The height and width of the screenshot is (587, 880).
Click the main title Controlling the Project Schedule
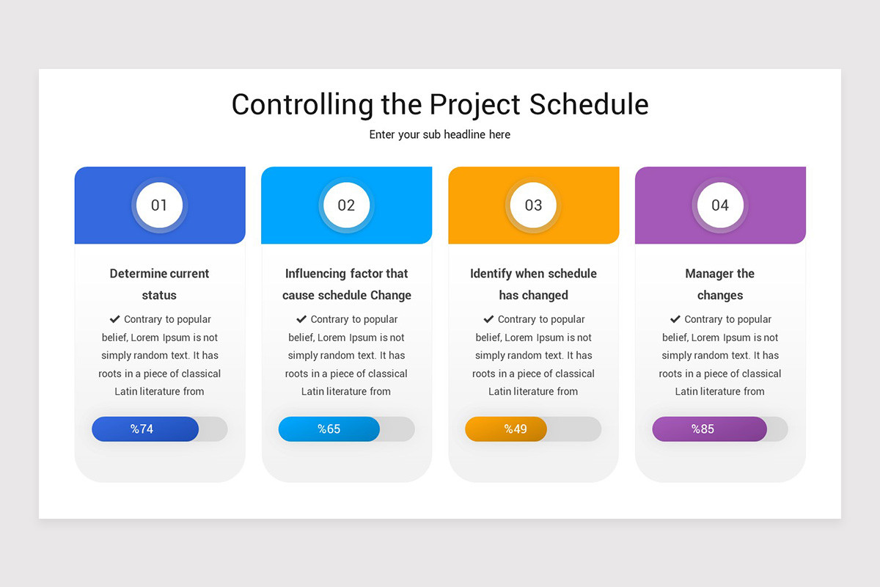440,104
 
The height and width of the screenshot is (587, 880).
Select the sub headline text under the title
440,134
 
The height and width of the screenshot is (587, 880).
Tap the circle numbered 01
159,205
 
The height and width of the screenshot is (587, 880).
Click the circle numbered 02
346,205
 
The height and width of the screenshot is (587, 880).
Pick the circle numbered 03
533,205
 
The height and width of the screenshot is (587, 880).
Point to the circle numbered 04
720,205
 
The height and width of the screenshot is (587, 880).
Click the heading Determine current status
159,284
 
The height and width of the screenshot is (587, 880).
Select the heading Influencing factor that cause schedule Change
346,284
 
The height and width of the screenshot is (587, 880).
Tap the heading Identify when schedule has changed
533,284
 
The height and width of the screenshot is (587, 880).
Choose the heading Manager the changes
720,284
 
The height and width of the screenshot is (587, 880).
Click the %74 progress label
142,429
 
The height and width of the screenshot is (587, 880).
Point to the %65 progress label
329,429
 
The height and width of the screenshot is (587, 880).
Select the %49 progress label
516,429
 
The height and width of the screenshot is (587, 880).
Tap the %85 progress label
703,429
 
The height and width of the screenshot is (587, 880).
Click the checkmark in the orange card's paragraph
488,319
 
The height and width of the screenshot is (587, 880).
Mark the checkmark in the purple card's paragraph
675,319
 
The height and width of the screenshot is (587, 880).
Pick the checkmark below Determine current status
114,319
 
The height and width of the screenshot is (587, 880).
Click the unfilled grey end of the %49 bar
574,429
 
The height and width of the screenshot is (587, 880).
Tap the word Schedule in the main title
589,104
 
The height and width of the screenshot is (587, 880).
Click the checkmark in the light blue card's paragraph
301,319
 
